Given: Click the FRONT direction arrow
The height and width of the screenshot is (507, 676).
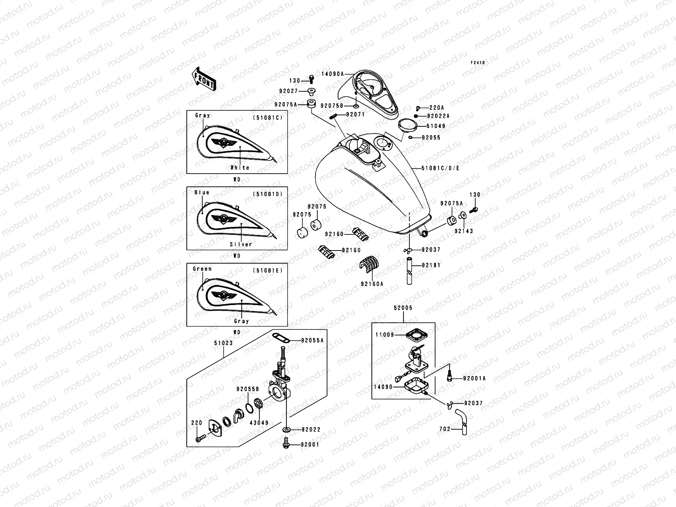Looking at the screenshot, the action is [204, 78].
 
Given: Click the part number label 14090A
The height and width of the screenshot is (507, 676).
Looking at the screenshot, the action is [333, 73].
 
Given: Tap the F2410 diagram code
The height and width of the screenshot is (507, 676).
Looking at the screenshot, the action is [478, 63].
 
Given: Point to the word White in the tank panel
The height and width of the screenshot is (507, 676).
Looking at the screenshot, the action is [240, 168].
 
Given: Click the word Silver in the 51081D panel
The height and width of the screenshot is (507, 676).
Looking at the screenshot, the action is [240, 244].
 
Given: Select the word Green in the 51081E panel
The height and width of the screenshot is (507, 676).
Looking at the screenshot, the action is [202, 269].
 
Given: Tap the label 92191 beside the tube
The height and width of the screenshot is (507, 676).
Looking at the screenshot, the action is [431, 265].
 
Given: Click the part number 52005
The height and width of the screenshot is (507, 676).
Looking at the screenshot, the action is [403, 308].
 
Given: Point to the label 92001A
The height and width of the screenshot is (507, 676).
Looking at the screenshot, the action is [474, 379].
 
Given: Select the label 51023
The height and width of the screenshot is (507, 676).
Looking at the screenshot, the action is [224, 343].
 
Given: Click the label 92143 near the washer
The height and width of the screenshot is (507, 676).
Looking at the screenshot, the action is [463, 231].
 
